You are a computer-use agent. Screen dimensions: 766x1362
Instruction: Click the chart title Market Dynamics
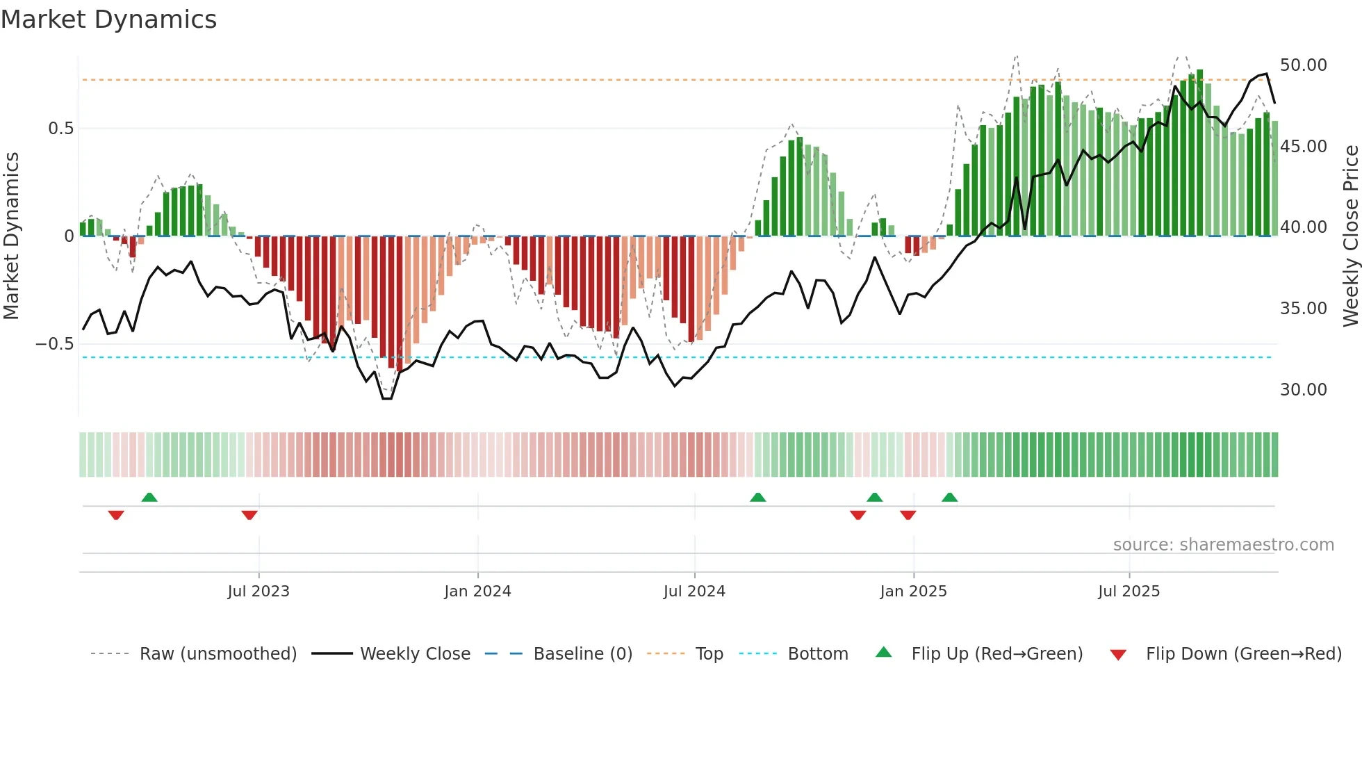click(109, 19)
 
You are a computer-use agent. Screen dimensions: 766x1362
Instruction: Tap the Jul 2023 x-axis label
click(259, 592)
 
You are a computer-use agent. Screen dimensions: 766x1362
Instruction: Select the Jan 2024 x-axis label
click(477, 592)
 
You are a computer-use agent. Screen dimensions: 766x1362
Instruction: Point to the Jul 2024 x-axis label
click(694, 592)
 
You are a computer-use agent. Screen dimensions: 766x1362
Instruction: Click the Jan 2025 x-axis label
click(913, 592)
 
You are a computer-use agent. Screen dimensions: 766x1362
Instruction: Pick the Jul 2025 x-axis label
click(1129, 592)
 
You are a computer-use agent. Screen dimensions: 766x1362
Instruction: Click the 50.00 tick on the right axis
click(1303, 65)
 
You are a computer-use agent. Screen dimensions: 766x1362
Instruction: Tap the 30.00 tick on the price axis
click(1303, 390)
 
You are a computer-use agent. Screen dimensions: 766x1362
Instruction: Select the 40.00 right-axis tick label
click(1303, 227)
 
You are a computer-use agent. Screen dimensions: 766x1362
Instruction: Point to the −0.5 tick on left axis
click(54, 344)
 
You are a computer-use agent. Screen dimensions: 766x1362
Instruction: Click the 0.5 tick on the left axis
click(60, 129)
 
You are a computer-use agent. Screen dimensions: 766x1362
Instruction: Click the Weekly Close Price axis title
click(1350, 236)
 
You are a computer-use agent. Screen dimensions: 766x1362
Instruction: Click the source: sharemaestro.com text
click(1223, 545)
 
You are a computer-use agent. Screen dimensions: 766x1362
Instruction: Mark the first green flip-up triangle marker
click(149, 497)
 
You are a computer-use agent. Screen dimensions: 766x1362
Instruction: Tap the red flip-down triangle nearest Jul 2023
click(249, 515)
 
